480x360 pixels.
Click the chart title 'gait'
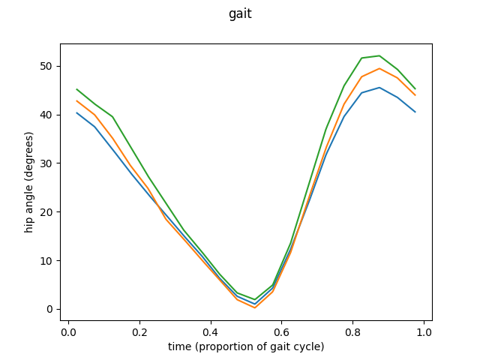click(240, 13)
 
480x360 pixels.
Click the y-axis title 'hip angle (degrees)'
click(30, 182)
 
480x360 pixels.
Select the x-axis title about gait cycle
click(246, 346)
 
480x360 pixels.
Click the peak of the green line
click(379, 55)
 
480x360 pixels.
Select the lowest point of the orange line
click(255, 307)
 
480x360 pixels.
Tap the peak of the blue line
click(379, 88)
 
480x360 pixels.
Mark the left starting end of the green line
click(77, 89)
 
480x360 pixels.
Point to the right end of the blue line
click(415, 112)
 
